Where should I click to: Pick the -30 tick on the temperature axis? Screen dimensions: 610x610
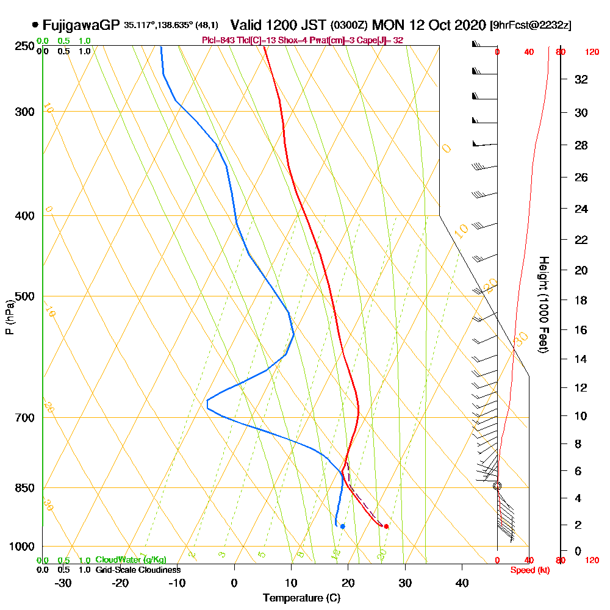tap(63, 583)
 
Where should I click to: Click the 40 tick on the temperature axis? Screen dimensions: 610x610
tap(462, 583)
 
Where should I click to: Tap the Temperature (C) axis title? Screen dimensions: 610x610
tap(301, 598)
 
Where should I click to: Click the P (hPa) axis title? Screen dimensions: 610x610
tap(9, 317)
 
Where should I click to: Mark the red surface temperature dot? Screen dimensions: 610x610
tap(386, 526)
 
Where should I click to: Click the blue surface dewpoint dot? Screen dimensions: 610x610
tap(343, 526)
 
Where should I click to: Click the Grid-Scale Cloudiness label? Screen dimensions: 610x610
tap(138, 570)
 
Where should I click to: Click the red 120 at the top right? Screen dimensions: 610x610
tap(592, 52)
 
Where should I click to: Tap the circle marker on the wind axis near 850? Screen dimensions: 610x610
tap(497, 486)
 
